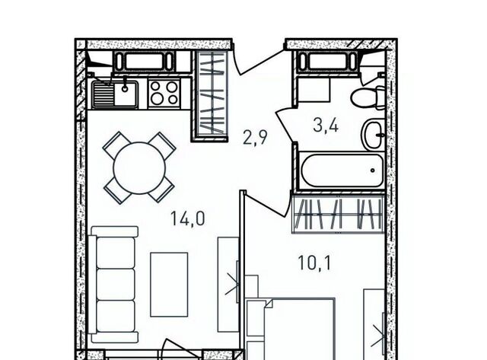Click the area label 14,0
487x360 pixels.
(188, 218)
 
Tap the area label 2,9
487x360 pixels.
(255, 137)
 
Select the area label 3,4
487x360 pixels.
(326, 126)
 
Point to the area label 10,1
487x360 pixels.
(314, 263)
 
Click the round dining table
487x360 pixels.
(139, 168)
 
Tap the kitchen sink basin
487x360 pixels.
(126, 93)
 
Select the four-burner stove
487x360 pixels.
(164, 93)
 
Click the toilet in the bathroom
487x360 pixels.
(368, 97)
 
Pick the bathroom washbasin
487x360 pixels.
(373, 135)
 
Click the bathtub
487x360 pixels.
(341, 170)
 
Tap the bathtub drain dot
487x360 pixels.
(372, 170)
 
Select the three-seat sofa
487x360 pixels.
(113, 284)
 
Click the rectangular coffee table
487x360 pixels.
(169, 285)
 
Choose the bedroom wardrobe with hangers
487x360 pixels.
(339, 214)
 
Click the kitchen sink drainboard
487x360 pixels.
(103, 93)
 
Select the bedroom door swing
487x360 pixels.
(266, 203)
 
